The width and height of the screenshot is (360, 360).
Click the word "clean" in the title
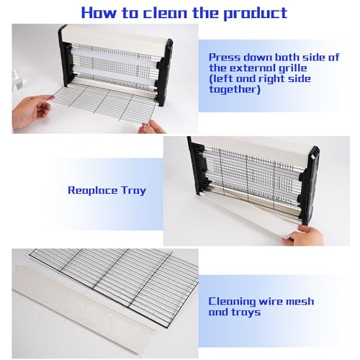[166, 13]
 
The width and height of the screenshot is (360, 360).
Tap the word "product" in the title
[256, 14]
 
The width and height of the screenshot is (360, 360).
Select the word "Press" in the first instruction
[225, 58]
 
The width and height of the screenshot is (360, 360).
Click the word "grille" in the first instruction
[292, 68]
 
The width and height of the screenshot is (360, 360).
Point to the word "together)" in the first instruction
[235, 90]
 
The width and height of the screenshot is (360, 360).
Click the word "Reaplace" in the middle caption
[93, 191]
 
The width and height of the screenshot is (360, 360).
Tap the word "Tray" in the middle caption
[134, 191]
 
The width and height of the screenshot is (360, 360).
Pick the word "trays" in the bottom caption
[246, 312]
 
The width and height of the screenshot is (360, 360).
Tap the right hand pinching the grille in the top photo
[152, 127]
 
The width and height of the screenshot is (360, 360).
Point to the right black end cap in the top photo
[165, 72]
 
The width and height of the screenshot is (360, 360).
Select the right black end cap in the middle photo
[308, 185]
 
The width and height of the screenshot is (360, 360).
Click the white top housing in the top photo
[115, 35]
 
